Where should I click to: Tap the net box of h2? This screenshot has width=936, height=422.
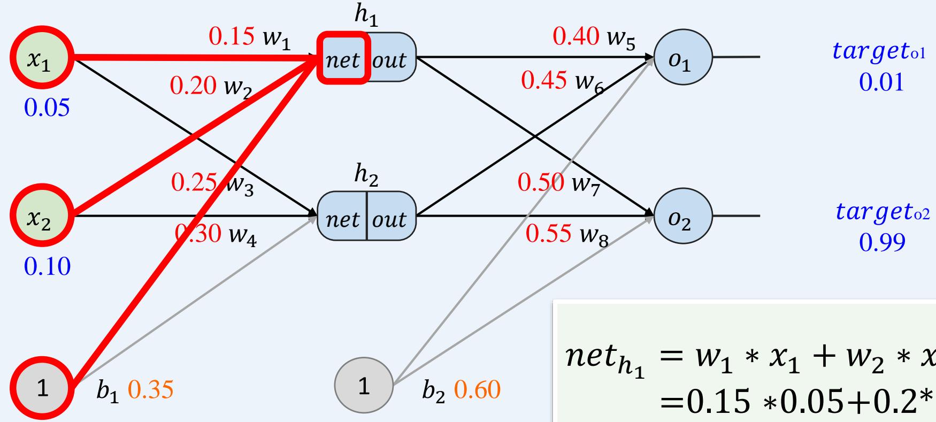point(342,218)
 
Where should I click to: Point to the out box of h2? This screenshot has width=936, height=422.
point(390,218)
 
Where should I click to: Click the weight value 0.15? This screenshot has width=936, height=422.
point(231,37)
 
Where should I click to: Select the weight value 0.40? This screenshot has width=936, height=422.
point(576,37)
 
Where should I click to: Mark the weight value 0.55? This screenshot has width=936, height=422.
point(549,233)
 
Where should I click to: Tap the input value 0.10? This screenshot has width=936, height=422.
point(47,266)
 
